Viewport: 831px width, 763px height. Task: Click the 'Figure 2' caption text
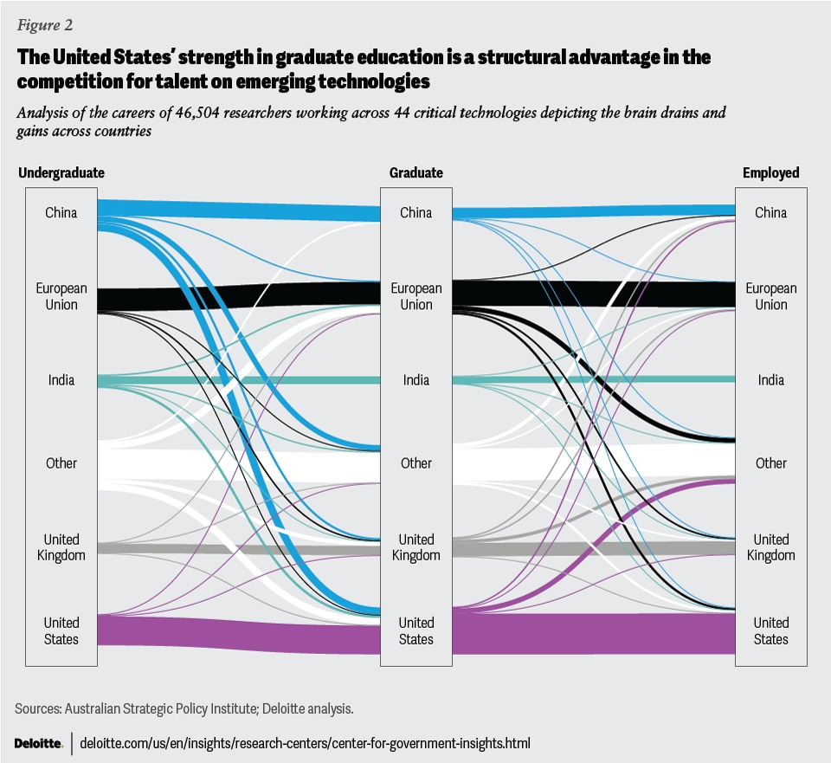pos(41,24)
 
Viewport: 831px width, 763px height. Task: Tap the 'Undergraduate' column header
pos(61,173)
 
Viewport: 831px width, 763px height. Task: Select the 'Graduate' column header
pos(416,173)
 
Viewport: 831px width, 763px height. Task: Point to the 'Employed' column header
pos(770,173)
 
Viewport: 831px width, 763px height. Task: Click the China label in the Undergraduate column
pos(61,213)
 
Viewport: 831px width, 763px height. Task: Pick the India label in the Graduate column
pos(416,380)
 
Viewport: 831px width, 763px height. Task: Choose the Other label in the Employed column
pos(770,463)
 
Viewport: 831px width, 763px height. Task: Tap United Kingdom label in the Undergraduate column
pos(61,547)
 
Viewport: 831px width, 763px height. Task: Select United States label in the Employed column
pos(770,630)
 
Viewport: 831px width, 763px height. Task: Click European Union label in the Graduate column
pos(416,296)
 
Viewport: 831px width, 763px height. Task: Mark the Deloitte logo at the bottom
pos(39,743)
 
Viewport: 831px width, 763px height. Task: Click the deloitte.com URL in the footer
pos(305,743)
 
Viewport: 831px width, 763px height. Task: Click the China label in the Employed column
pos(770,213)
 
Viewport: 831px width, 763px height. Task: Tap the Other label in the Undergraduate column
pos(61,463)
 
